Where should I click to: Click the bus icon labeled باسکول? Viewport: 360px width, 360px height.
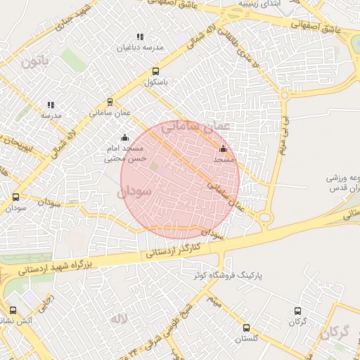[155, 71]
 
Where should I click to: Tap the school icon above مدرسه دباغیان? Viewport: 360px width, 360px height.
[140, 37]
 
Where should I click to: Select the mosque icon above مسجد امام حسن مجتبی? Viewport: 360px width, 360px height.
[125, 137]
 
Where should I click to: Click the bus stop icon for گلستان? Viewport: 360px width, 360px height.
[246, 328]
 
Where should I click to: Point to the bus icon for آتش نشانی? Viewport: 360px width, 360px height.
[13, 310]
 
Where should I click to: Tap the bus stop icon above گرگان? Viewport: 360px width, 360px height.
[297, 311]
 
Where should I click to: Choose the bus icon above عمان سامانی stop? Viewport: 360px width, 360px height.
[110, 101]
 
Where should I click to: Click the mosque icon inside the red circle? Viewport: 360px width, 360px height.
[224, 148]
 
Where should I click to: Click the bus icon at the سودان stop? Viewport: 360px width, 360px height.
[16, 198]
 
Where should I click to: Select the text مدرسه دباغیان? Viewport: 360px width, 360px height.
[140, 48]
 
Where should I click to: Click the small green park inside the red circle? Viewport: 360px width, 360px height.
[154, 166]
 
